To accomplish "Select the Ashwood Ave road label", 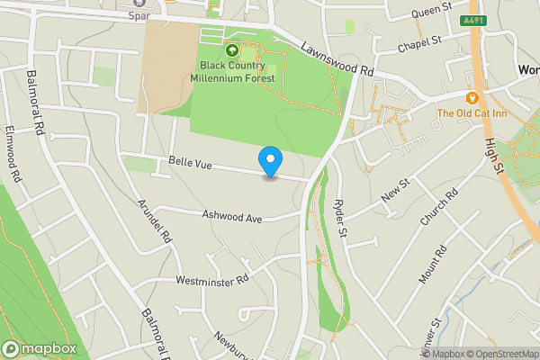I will (x=231, y=216).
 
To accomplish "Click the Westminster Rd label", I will (x=212, y=281).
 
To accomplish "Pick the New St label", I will (x=395, y=189).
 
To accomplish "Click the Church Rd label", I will (x=439, y=207).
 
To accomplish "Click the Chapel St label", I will (x=423, y=41).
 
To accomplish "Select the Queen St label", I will (x=430, y=11).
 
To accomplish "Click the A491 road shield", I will (x=475, y=19).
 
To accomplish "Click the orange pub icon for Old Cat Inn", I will (x=472, y=96).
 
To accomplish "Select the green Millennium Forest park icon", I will (x=232, y=50).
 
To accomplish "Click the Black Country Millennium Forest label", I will (x=232, y=71).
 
